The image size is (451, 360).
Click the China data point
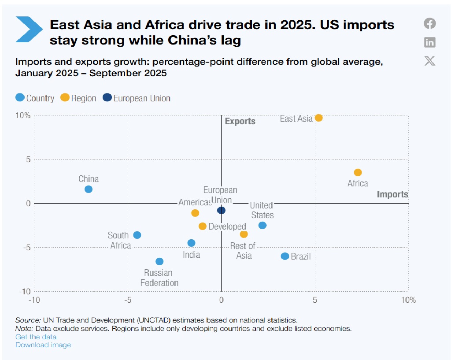pyautogui.click(x=89, y=189)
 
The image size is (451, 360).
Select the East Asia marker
pyautogui.click(x=318, y=118)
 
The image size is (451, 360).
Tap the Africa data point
pyautogui.click(x=358, y=172)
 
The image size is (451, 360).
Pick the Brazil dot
pyautogui.click(x=285, y=256)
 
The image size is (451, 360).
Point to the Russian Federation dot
pyautogui.click(x=159, y=261)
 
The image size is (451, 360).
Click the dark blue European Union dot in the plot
pyautogui.click(x=222, y=210)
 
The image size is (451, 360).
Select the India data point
pyautogui.click(x=191, y=243)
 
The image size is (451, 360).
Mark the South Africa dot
pyautogui.click(x=137, y=235)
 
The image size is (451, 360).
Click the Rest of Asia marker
pyautogui.click(x=244, y=234)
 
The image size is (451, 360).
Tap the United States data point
pyautogui.click(x=262, y=225)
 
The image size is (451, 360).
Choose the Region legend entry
pyautogui.click(x=78, y=98)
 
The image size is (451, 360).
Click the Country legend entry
pyautogui.click(x=35, y=98)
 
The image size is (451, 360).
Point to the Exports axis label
pyautogui.click(x=240, y=121)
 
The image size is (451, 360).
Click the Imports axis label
pyautogui.click(x=392, y=194)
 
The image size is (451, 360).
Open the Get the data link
pyautogui.click(x=36, y=337)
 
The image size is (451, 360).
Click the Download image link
pyautogui.click(x=43, y=345)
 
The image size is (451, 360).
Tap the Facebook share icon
pyautogui.click(x=430, y=23)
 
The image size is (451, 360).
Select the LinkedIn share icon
pyautogui.click(x=430, y=42)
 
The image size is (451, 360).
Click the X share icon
pyautogui.click(x=430, y=61)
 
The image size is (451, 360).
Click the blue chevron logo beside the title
pyautogui.click(x=29, y=30)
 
